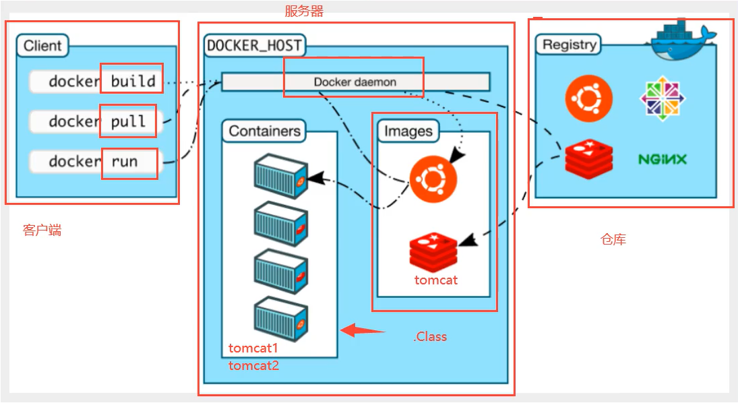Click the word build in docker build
pyautogui.click(x=133, y=82)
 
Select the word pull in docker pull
pyautogui.click(x=128, y=121)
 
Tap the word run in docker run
pyautogui.click(x=124, y=162)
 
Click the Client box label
pyautogui.click(x=42, y=46)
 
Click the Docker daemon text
pyautogui.click(x=355, y=82)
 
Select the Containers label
pyautogui.click(x=264, y=131)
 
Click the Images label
pyautogui.click(x=408, y=131)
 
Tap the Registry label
pyautogui.click(x=570, y=45)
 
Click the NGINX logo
pyautogui.click(x=663, y=160)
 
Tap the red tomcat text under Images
pyautogui.click(x=435, y=280)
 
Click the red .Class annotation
pyautogui.click(x=430, y=336)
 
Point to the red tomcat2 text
pyautogui.click(x=253, y=366)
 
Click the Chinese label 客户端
pyautogui.click(x=42, y=230)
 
